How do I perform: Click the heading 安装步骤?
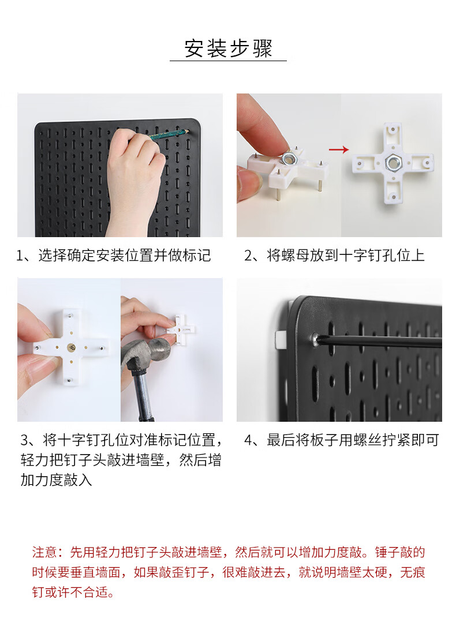click(x=228, y=48)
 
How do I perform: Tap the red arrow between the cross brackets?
click(x=339, y=149)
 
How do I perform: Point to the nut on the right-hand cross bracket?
click(x=392, y=163)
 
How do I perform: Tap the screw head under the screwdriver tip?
click(x=316, y=338)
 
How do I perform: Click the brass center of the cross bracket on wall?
click(x=71, y=348)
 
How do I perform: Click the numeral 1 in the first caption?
click(x=19, y=256)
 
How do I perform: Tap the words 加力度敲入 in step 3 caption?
click(x=57, y=480)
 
